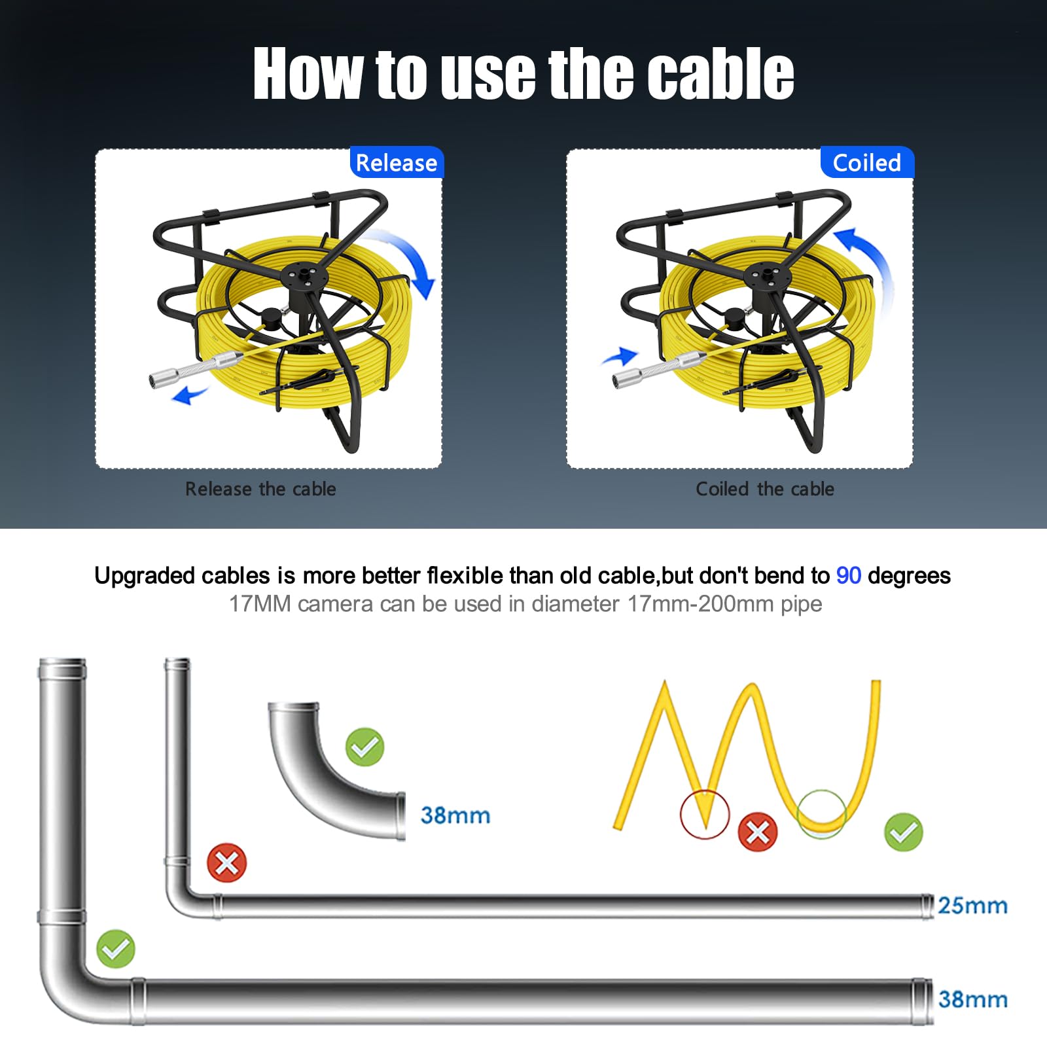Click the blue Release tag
pyautogui.click(x=397, y=162)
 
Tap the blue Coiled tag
pyautogui.click(x=867, y=162)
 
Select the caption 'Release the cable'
pyautogui.click(x=260, y=489)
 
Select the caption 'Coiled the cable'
pyautogui.click(x=765, y=489)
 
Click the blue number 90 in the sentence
pyautogui.click(x=849, y=575)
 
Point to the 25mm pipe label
pyautogui.click(x=972, y=906)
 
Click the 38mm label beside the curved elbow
pyautogui.click(x=455, y=815)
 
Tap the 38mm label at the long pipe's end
pyautogui.click(x=973, y=999)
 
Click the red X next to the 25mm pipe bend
pyautogui.click(x=226, y=863)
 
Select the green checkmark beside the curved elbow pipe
pyautogui.click(x=364, y=747)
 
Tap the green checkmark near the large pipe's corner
pyautogui.click(x=116, y=949)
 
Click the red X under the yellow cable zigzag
pyautogui.click(x=758, y=832)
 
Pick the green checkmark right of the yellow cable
pyautogui.click(x=903, y=832)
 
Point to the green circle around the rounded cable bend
pyautogui.click(x=798, y=814)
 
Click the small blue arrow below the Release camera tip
pyautogui.click(x=189, y=394)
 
